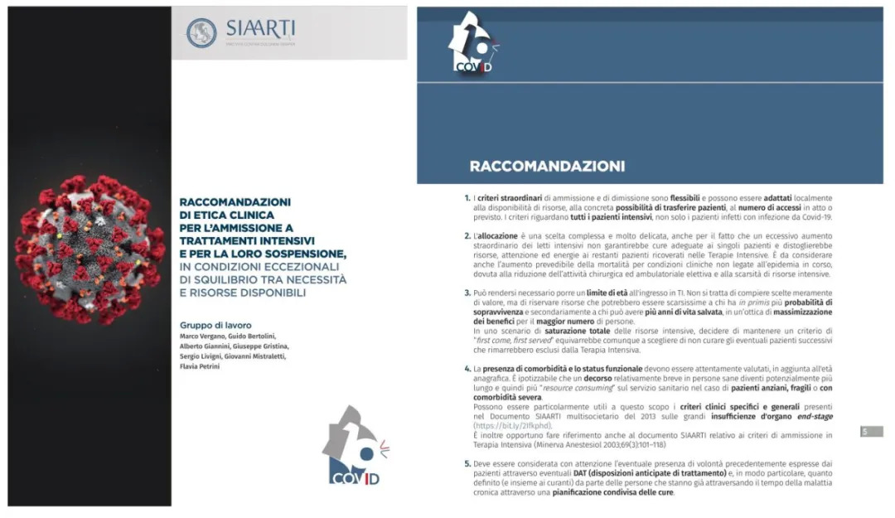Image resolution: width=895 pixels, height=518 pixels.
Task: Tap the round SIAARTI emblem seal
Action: tap(201, 33)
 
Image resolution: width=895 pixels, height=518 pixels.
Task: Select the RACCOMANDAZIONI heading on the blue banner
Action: tap(547, 166)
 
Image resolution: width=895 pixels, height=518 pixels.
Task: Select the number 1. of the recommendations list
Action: tap(467, 199)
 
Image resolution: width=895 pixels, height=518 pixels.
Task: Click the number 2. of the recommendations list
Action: tap(467, 236)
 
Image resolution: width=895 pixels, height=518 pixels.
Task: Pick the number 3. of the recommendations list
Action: tap(467, 293)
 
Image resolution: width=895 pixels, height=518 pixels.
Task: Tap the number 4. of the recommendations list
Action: tap(467, 367)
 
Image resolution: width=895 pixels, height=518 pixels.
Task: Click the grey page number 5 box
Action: tap(870, 431)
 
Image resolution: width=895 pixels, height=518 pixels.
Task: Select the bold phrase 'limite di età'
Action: tap(610, 293)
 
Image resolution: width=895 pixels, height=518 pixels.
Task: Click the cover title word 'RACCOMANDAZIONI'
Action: tap(235, 201)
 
